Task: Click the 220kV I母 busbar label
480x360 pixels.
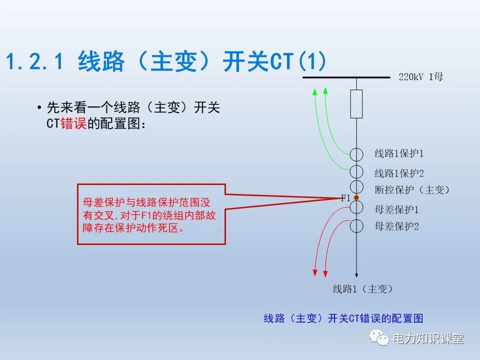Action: pyautogui.click(x=421, y=77)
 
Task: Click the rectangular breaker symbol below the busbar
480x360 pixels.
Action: pyautogui.click(x=356, y=103)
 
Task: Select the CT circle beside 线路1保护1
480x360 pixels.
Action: pyautogui.click(x=356, y=154)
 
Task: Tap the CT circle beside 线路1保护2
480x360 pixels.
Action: pyautogui.click(x=356, y=171)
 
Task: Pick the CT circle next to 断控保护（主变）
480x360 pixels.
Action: pyautogui.click(x=356, y=188)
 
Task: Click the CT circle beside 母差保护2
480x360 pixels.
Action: pyautogui.click(x=356, y=225)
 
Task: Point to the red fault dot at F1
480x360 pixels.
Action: pyautogui.click(x=356, y=198)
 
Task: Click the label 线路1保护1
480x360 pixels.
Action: pyautogui.click(x=399, y=153)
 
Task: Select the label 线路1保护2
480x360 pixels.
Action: pyautogui.click(x=399, y=173)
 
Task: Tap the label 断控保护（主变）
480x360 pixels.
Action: pyautogui.click(x=412, y=190)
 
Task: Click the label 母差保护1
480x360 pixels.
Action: pyautogui.click(x=396, y=209)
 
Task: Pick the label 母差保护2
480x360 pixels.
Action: pyautogui.click(x=396, y=226)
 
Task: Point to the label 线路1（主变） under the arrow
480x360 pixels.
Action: pyautogui.click(x=362, y=289)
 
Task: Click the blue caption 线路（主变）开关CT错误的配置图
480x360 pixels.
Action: pyautogui.click(x=343, y=318)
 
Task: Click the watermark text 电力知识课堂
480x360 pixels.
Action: pyautogui.click(x=428, y=338)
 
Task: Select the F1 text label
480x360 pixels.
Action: pyautogui.click(x=346, y=198)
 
